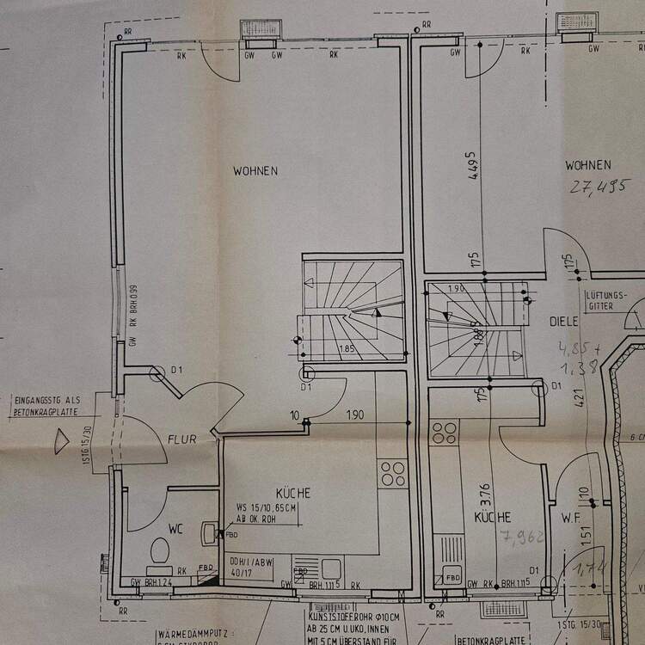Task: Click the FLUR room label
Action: coord(182,439)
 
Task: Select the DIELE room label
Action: coord(564,322)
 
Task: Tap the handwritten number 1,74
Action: coord(591,568)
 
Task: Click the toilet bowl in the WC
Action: coord(159,548)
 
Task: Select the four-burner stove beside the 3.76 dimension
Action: coord(445,433)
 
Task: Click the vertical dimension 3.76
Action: coord(484,495)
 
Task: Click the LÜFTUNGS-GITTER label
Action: coord(606,300)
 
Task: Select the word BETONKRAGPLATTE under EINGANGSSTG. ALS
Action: coord(47,411)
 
